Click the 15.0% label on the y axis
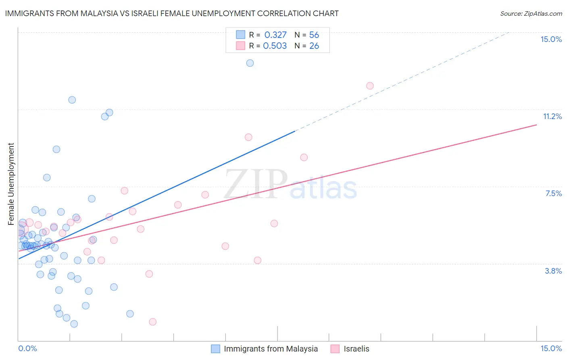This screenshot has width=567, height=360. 551,39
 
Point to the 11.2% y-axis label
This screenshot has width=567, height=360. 552,116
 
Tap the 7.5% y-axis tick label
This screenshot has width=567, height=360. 553,193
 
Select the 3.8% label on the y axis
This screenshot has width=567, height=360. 553,271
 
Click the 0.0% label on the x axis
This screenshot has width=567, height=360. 27,348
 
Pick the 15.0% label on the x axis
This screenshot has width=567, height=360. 551,348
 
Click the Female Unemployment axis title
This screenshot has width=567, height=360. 11,184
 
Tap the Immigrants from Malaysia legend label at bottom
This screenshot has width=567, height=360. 271,349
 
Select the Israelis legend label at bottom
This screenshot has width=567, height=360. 356,349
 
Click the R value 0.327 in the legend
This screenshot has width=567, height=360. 275,35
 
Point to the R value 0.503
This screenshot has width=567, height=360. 275,46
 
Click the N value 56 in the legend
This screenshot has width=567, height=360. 314,35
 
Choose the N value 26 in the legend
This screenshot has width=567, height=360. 314,46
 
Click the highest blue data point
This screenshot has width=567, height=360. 250,63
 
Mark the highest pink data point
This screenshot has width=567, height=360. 370,86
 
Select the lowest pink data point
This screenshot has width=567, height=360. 152,322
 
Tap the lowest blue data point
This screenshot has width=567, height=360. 74,324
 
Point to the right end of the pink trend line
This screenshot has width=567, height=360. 536,125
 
